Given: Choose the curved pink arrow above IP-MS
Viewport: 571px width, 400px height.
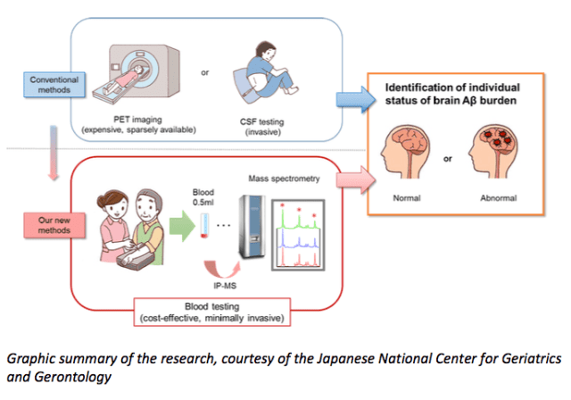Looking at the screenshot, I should point(221,265).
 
